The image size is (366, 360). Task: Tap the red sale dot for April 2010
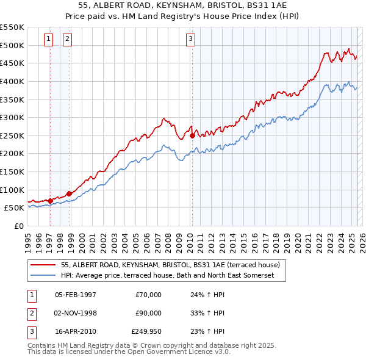click(192, 135)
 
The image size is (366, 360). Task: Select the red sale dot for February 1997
click(50, 200)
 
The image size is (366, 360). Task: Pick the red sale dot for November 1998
click(69, 193)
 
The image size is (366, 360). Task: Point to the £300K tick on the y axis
click(12, 117)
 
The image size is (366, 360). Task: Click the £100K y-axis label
click(12, 190)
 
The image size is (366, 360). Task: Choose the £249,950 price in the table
click(146, 332)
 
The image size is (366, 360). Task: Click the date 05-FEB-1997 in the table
click(76, 295)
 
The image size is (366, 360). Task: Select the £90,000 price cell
click(149, 313)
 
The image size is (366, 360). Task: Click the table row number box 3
click(30, 332)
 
